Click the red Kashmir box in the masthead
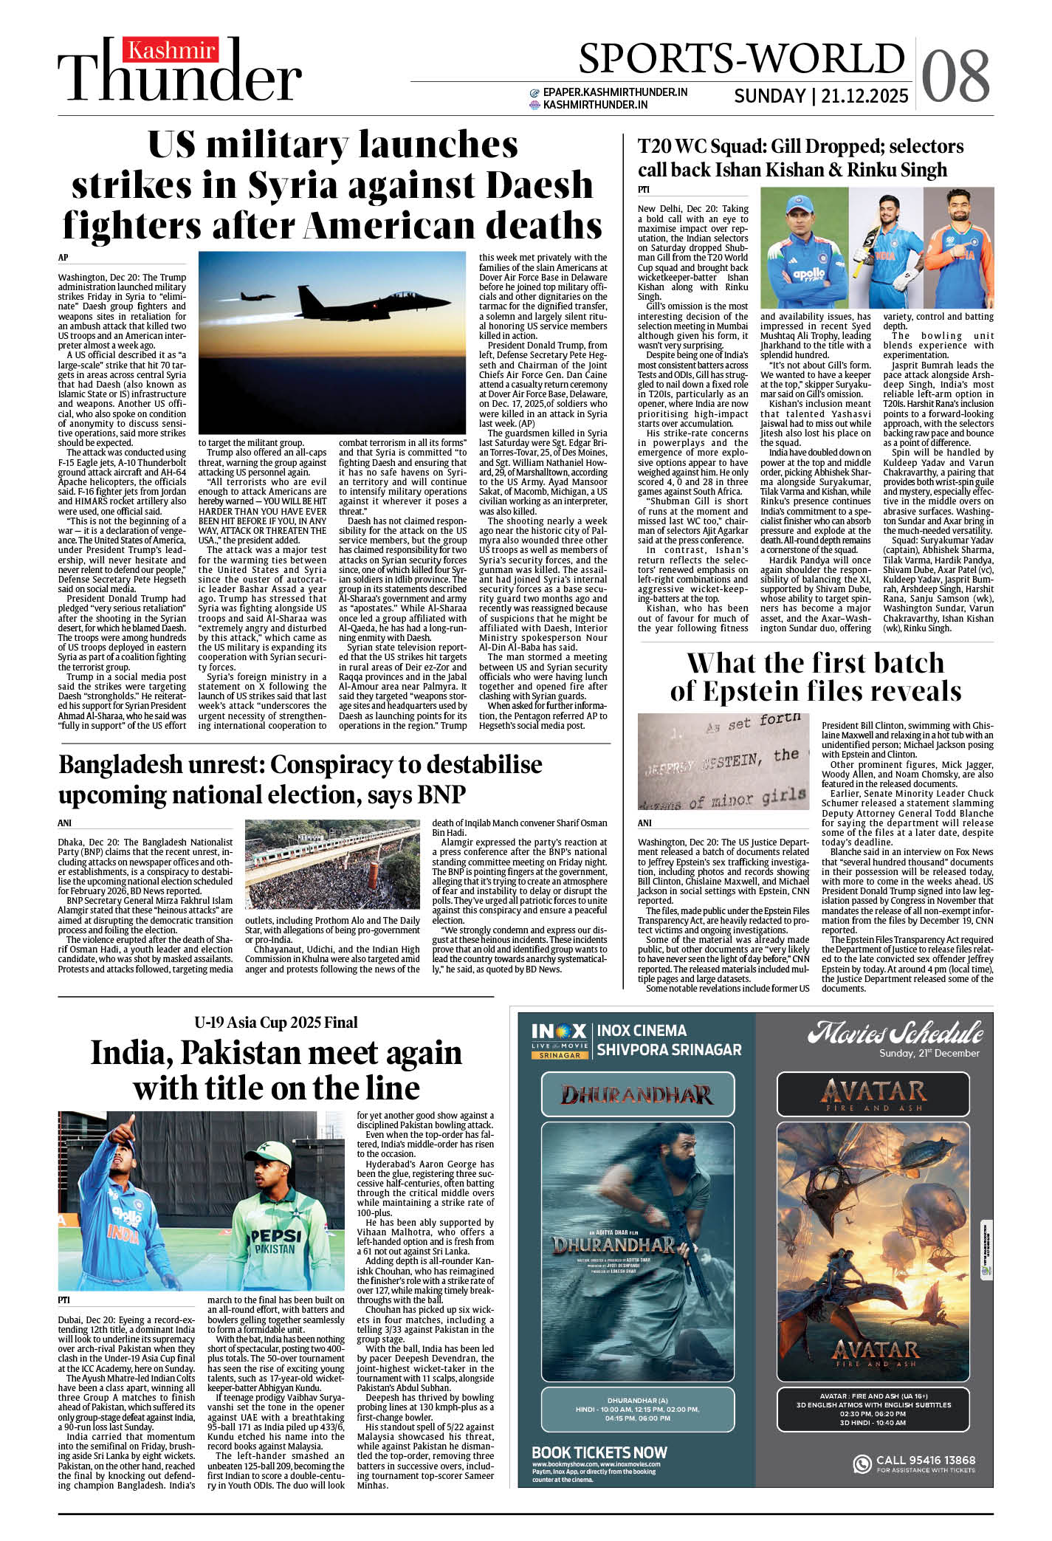pyautogui.click(x=171, y=50)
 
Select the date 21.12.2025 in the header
pyautogui.click(x=864, y=96)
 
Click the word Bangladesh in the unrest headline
pyautogui.click(x=162, y=765)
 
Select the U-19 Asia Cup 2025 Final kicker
pyautogui.click(x=276, y=1022)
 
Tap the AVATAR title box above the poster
pyautogui.click(x=875, y=1094)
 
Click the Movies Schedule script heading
pyautogui.click(x=895, y=1032)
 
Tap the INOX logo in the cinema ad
pyautogui.click(x=559, y=1032)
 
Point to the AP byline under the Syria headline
pyautogui.click(x=63, y=258)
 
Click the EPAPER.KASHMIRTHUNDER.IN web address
pyautogui.click(x=615, y=92)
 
